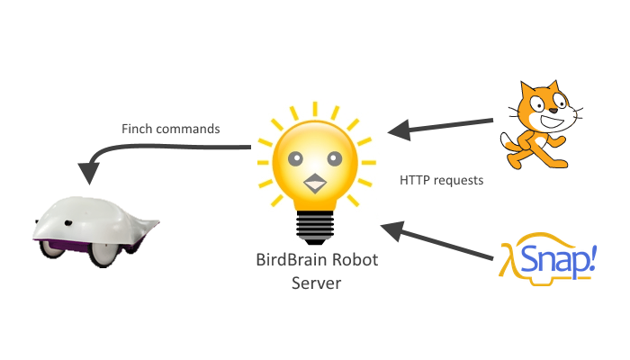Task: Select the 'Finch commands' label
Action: pos(170,129)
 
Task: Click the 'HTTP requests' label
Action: pos(441,180)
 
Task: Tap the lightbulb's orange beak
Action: pos(314,184)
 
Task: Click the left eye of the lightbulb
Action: pos(294,159)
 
